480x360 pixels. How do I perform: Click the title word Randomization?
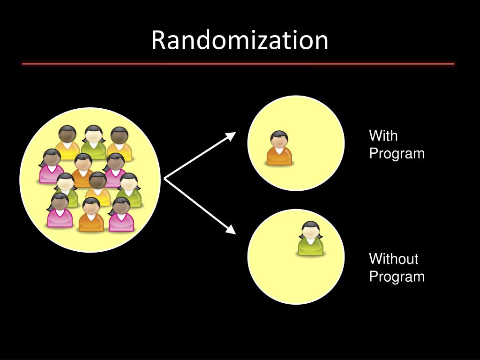(240, 40)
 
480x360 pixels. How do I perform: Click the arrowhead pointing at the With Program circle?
(231, 135)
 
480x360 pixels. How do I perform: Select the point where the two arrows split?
(165, 179)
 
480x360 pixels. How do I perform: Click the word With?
(383, 136)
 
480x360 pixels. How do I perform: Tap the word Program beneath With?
(397, 154)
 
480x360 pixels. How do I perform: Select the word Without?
(393, 259)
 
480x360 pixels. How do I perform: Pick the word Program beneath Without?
(397, 277)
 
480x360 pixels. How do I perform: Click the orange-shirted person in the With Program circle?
(279, 149)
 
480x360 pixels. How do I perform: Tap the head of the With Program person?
(279, 139)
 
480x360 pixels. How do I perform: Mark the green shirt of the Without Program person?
(311, 247)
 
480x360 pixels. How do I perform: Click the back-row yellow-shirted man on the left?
(67, 142)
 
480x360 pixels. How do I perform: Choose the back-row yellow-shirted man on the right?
(119, 142)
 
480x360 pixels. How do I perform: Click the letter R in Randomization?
(157, 41)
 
